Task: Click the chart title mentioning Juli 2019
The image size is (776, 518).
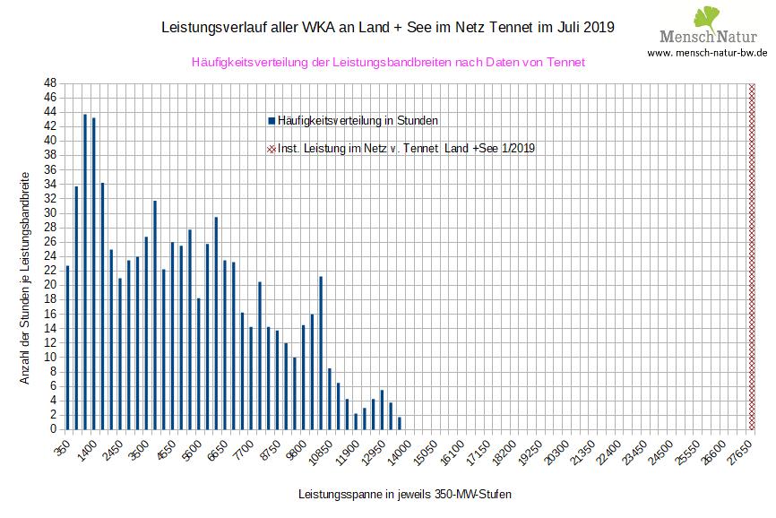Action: coord(387,28)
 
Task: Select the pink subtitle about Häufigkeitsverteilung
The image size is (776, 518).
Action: coord(388,62)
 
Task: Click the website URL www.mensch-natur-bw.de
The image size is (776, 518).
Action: coord(707,53)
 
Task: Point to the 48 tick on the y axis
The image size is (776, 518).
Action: coord(50,82)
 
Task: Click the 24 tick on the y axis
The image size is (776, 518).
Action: coord(50,255)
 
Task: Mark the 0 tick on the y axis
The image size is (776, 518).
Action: coord(53,428)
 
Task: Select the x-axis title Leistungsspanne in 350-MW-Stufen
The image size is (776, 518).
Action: coord(404,494)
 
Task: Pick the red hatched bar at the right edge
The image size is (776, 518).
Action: coord(752,255)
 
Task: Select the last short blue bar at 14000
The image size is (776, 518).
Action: coord(400,423)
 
